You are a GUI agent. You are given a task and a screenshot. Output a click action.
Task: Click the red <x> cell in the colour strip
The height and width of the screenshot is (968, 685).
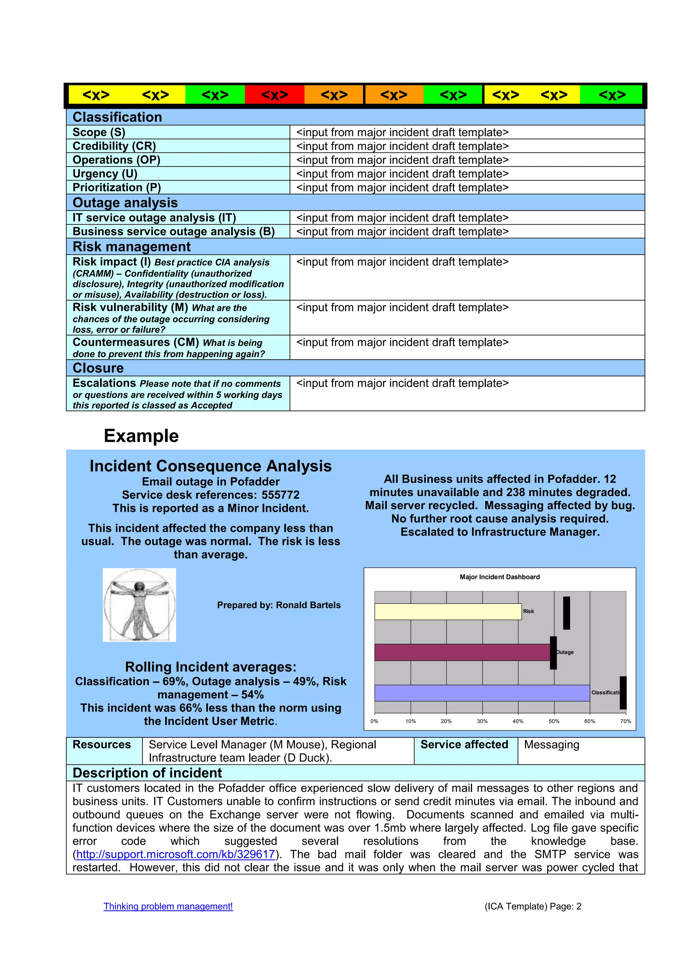[275, 95]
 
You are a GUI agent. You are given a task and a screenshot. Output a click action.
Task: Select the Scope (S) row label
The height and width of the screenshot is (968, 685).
[99, 132]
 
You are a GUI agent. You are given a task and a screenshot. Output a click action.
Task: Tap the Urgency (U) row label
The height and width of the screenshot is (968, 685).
[105, 174]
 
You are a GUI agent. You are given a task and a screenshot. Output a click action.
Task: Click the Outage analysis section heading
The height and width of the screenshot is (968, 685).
[125, 203]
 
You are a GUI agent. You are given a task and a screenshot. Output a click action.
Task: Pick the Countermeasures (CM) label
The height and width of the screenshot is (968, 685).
[135, 342]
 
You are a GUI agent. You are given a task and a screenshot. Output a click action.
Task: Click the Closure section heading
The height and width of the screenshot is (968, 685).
[98, 368]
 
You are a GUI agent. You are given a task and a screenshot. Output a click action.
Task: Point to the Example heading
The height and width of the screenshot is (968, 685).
[141, 436]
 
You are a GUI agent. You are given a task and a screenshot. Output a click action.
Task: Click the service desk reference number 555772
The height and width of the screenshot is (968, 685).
[281, 495]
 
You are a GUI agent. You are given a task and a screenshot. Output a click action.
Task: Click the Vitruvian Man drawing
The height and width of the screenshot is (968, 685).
[139, 605]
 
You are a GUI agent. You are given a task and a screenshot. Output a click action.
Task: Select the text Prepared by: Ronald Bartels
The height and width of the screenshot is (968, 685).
[279, 605]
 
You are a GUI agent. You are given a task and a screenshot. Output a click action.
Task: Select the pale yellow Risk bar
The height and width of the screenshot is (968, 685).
[448, 612]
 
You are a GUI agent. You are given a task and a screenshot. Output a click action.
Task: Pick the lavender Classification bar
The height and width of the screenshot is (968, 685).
[482, 693]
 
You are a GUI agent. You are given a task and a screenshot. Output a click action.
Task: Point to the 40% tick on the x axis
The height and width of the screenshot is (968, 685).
[518, 721]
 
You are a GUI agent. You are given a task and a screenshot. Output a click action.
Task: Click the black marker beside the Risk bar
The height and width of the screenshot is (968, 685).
[567, 613]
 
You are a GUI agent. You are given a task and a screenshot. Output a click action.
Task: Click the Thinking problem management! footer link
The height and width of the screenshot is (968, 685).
[168, 906]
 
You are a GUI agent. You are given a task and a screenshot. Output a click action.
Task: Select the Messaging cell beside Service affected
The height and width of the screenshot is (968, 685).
[552, 745]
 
